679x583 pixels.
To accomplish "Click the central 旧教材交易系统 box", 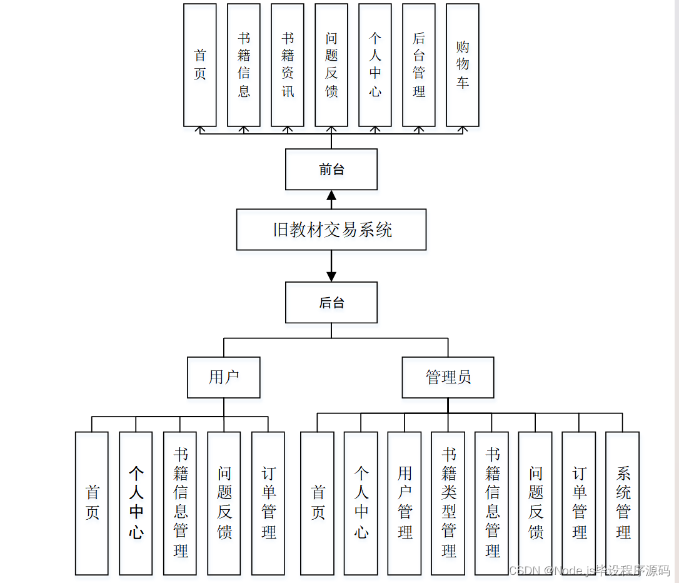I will click(331, 230).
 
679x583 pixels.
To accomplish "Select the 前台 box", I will click(331, 170).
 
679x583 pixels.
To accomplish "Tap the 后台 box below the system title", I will click(331, 303).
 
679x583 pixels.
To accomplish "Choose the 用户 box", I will click(224, 377).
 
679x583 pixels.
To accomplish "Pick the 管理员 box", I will click(448, 377).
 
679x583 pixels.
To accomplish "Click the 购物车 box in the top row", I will click(463, 65).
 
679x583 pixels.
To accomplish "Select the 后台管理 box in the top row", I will click(419, 65).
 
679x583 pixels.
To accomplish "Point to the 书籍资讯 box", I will click(288, 65).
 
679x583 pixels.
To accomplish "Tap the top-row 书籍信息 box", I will click(244, 65).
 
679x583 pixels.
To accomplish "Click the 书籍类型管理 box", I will click(448, 503).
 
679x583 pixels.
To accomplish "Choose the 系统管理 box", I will click(623, 503).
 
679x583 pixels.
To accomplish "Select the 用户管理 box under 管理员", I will click(405, 503).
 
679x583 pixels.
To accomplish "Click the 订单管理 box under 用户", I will click(268, 503).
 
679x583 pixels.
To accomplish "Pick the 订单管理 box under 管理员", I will click(579, 503).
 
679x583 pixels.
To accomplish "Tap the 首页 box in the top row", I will click(200, 65).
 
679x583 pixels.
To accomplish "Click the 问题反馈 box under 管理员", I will click(535, 503).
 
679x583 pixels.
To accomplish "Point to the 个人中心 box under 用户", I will click(136, 503).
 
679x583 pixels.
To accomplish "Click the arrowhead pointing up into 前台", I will click(331, 196).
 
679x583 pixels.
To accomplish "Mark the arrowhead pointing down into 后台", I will click(331, 276).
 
